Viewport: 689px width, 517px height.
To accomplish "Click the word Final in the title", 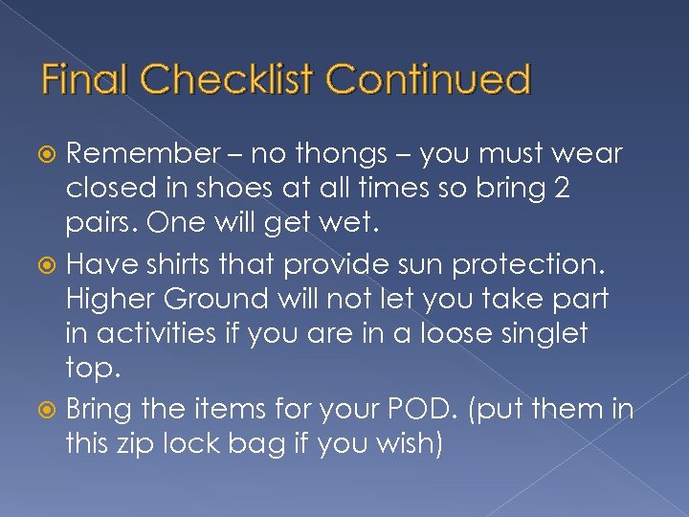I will pyautogui.click(x=85, y=79).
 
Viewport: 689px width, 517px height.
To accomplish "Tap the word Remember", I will pyautogui.click(x=143, y=154).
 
